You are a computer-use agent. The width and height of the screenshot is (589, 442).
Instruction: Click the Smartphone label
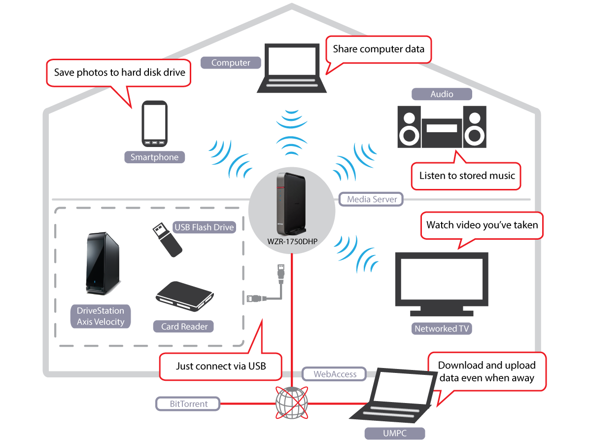(154, 158)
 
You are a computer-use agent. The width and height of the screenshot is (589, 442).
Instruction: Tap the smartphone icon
(154, 124)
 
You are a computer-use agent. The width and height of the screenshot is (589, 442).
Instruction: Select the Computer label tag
(231, 63)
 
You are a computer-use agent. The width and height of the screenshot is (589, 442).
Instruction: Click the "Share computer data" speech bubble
(379, 49)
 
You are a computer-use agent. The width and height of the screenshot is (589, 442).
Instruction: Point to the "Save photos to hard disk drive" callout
(119, 73)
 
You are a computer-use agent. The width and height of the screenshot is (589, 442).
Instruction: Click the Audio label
(442, 94)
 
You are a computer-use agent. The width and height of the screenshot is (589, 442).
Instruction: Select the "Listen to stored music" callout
(467, 176)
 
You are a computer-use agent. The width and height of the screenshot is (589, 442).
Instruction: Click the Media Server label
(372, 199)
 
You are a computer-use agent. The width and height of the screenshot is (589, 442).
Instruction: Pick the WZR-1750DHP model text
(292, 242)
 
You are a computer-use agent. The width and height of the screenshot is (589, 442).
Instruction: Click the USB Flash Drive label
(204, 227)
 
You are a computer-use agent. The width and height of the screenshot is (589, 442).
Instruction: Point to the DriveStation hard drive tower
(103, 264)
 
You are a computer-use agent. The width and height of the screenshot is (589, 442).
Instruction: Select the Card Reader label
(184, 327)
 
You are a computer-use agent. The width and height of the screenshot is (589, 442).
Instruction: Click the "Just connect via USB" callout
(220, 366)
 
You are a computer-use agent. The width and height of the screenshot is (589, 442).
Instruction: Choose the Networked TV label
(442, 329)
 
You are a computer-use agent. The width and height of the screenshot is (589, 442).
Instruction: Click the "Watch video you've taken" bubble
(482, 225)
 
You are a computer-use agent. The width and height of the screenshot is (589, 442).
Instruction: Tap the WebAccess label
(335, 374)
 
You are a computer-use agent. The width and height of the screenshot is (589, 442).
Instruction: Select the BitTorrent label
(189, 404)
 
